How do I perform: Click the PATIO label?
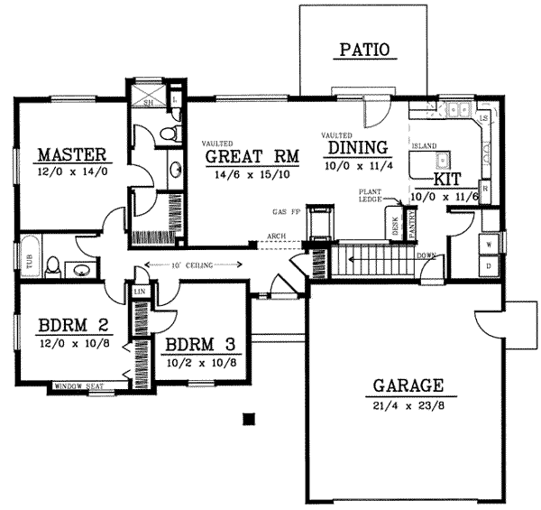[365, 50]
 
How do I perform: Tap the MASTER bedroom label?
[73, 153]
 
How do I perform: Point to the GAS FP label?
[286, 212]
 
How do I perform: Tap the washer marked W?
[488, 244]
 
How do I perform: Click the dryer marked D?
[488, 266]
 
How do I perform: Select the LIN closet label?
[140, 292]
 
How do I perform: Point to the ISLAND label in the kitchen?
[423, 145]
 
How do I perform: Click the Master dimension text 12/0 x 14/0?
[73, 170]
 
